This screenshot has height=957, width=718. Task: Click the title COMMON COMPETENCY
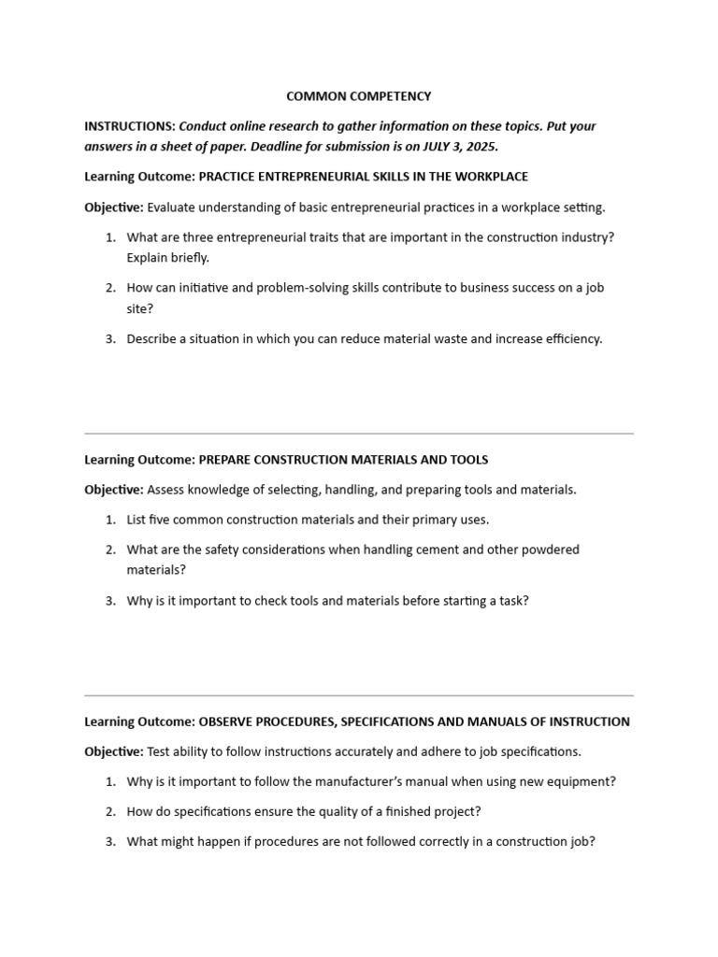tap(359, 96)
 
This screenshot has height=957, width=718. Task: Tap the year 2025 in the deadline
tap(480, 146)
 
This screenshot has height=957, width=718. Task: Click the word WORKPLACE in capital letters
tap(490, 176)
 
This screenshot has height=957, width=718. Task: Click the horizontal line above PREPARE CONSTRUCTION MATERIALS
tap(359, 434)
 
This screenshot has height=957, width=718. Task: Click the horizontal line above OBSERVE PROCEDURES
tap(359, 695)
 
